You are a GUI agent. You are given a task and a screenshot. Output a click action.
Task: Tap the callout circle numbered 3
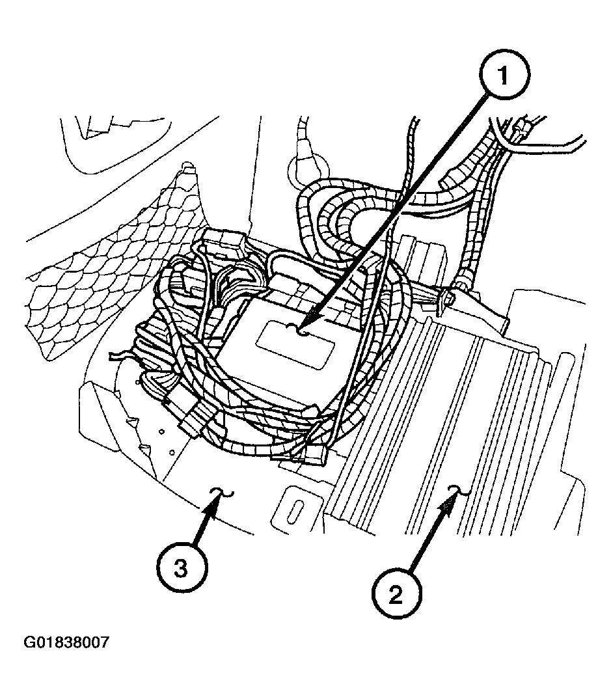point(180,567)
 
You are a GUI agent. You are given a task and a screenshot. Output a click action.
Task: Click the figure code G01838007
point(66,643)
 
